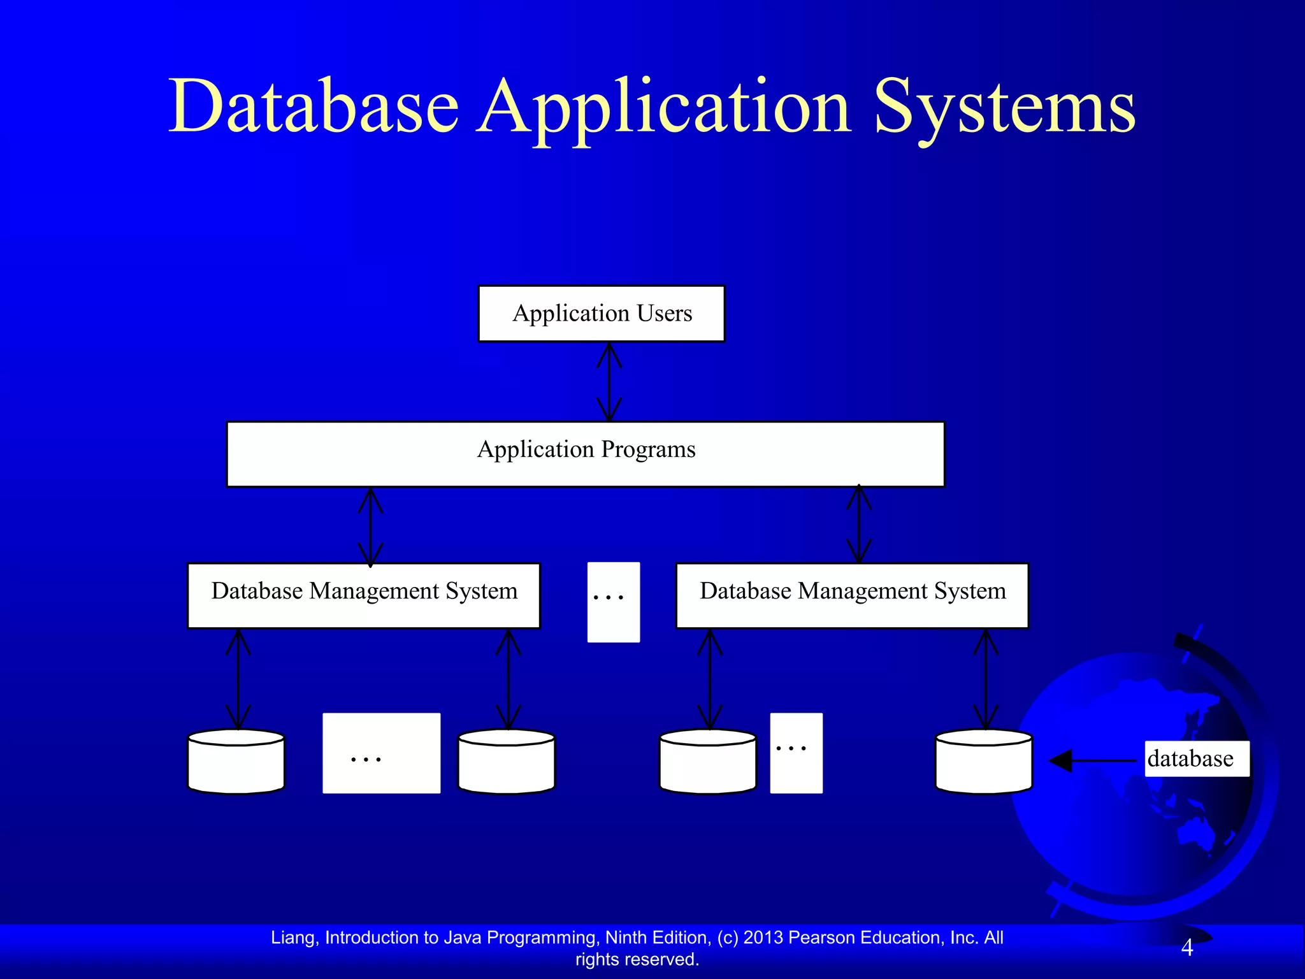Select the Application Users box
pyautogui.click(x=602, y=314)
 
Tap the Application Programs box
pyautogui.click(x=586, y=454)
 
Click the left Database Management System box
pyautogui.click(x=364, y=595)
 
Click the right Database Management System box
pyautogui.click(x=852, y=595)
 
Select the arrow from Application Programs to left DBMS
pyautogui.click(x=370, y=526)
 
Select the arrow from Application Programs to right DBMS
pyautogui.click(x=859, y=524)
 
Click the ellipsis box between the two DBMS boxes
pyautogui.click(x=613, y=602)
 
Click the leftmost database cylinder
pyautogui.click(x=236, y=762)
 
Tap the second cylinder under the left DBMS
pyautogui.click(x=507, y=762)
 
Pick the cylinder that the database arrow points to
pyautogui.click(x=984, y=762)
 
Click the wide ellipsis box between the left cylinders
pyautogui.click(x=381, y=753)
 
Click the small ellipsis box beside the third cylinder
pyautogui.click(x=796, y=753)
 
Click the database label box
pyautogui.click(x=1196, y=758)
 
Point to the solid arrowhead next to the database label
pyautogui.click(x=1062, y=760)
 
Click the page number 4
pyautogui.click(x=1186, y=948)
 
